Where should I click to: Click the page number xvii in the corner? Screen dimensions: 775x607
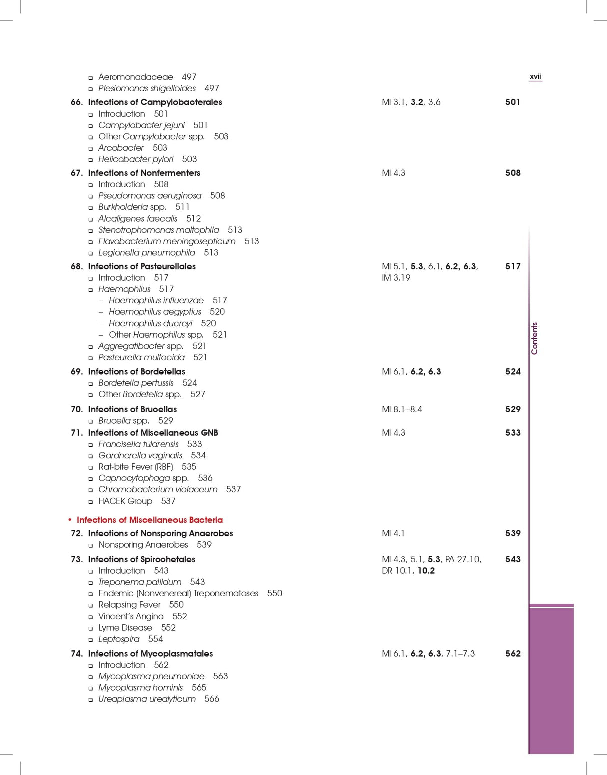tap(535, 77)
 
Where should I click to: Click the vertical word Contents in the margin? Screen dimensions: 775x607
tap(534, 338)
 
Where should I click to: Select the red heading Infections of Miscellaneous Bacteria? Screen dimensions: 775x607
tap(149, 520)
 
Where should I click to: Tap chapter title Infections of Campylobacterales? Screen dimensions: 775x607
tap(155, 102)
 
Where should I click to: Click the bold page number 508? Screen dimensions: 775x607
tap(513, 173)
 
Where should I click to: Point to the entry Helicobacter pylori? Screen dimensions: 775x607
tap(136, 159)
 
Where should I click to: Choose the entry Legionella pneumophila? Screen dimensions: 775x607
tap(147, 253)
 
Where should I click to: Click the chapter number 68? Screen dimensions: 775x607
tap(77, 266)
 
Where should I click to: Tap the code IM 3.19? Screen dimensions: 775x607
tap(396, 278)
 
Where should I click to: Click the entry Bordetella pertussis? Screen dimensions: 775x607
tap(136, 383)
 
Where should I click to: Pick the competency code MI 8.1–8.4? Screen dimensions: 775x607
tap(402, 409)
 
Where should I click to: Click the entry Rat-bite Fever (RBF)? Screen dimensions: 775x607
tap(135, 467)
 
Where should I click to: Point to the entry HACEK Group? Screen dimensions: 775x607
tap(125, 501)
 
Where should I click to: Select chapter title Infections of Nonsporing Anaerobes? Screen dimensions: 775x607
tap(160, 533)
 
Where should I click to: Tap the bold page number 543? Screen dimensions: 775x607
tap(513, 559)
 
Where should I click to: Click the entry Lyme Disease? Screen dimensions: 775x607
tap(125, 628)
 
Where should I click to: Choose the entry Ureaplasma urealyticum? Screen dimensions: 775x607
tap(147, 699)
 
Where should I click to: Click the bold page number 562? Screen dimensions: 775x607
tap(513, 653)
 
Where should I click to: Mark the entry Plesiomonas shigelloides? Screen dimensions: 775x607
tap(147, 88)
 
